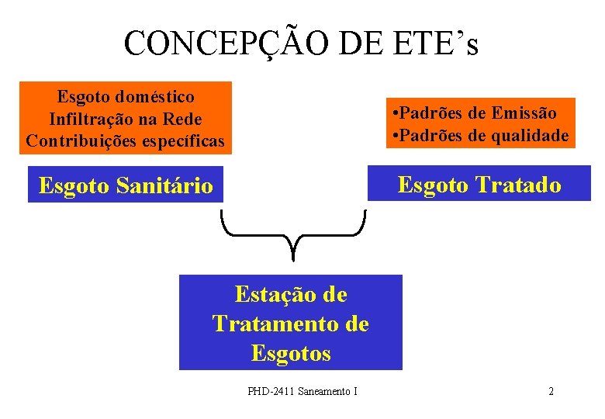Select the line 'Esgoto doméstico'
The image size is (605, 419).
tap(126, 97)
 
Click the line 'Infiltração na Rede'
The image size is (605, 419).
tap(126, 119)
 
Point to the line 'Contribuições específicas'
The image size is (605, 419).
tap(126, 140)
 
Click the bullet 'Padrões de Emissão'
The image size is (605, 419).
tap(475, 113)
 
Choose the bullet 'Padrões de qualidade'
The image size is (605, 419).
tap(481, 135)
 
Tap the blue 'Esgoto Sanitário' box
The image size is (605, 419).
tap(126, 185)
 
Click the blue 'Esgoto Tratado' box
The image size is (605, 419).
tap(479, 184)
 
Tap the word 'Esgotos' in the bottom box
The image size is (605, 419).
tap(291, 353)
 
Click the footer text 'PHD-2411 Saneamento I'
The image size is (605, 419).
tap(302, 391)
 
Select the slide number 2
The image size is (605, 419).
tap(551, 391)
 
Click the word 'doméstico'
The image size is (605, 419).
tap(155, 97)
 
